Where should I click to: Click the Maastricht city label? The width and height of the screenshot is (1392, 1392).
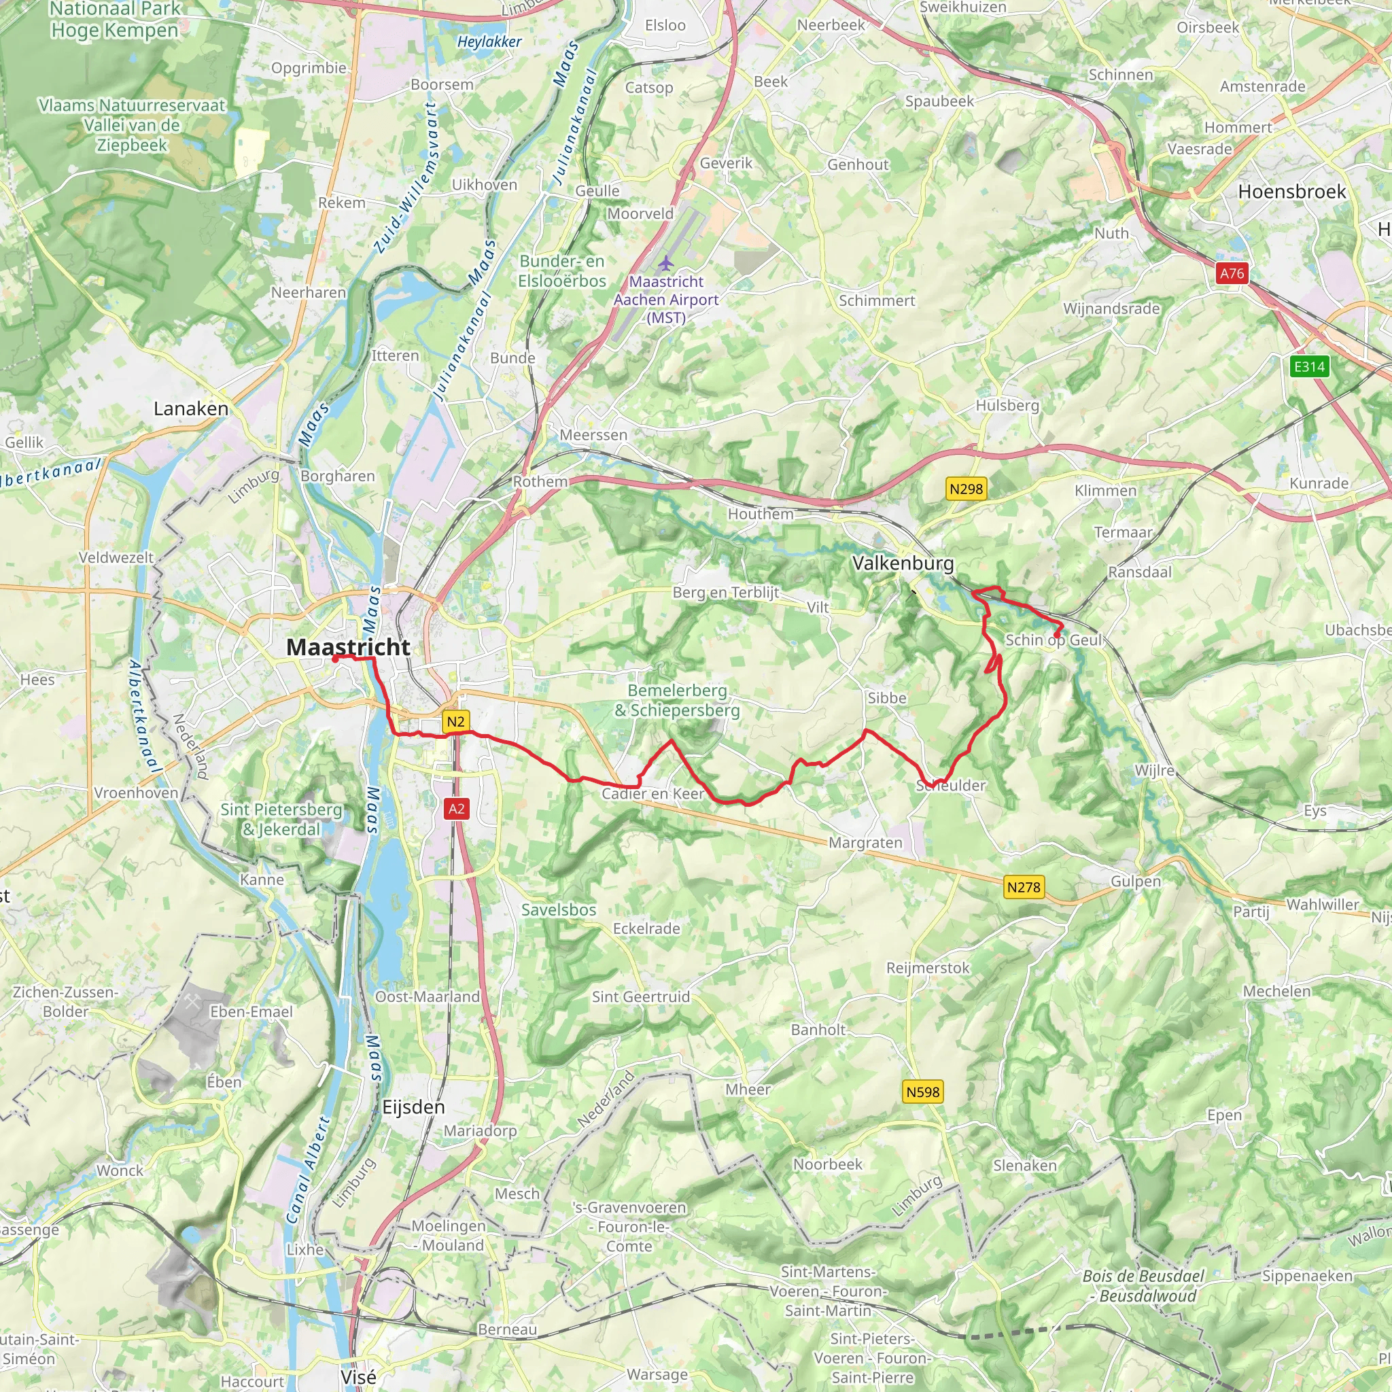[x=348, y=647]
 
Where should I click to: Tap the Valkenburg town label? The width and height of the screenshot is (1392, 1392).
[x=903, y=563]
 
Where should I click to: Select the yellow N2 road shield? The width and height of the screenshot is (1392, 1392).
[x=455, y=722]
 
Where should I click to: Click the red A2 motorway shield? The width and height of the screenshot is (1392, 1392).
[x=457, y=808]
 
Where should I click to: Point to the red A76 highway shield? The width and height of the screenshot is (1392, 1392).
[x=1232, y=273]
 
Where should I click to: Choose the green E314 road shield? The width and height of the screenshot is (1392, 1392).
[x=1309, y=367]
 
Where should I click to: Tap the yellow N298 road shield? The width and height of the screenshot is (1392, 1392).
[x=965, y=489]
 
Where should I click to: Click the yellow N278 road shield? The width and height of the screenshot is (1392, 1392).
[x=1023, y=887]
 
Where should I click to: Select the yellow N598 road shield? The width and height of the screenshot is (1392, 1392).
[x=922, y=1092]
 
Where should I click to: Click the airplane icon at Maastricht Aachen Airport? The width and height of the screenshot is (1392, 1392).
[x=665, y=263]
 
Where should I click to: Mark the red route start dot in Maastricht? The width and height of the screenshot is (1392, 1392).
[x=335, y=658]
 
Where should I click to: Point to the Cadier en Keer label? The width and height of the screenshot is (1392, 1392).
[x=652, y=794]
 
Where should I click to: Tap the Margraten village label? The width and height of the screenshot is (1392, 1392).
[x=865, y=843]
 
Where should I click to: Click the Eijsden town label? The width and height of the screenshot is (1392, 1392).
[x=413, y=1107]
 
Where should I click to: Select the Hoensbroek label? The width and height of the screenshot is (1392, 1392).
[x=1292, y=192]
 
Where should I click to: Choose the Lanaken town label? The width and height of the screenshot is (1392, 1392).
[x=191, y=408]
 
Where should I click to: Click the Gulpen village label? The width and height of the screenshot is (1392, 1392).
[x=1136, y=881]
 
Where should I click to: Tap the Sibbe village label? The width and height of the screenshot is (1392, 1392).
[x=886, y=698]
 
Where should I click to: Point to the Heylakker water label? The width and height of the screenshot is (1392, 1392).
[x=489, y=41]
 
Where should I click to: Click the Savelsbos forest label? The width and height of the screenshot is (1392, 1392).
[x=559, y=910]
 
